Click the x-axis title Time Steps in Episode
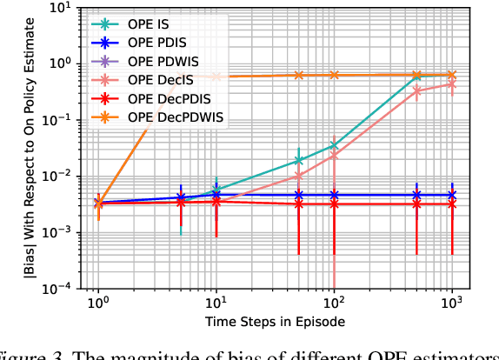pyautogui.click(x=274, y=322)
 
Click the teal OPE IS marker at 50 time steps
pyautogui.click(x=299, y=160)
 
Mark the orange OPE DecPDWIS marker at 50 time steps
pyautogui.click(x=299, y=75)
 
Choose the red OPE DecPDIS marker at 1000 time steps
pyautogui.click(x=452, y=203)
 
